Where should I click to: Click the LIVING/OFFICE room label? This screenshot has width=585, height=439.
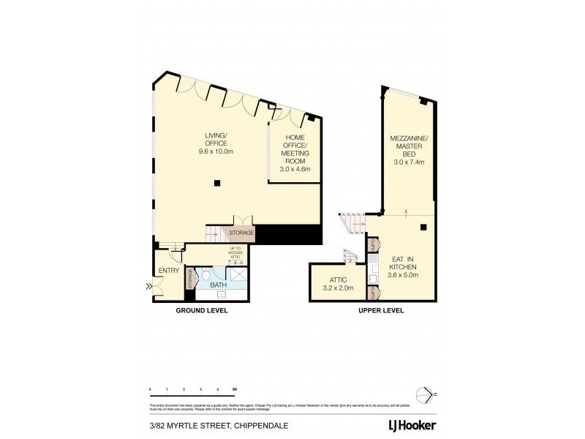(x=216, y=138)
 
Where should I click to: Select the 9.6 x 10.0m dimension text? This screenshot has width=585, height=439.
(x=216, y=151)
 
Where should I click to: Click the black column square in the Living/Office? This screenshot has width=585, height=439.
(x=216, y=183)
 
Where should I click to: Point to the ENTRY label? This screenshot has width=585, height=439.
(x=169, y=271)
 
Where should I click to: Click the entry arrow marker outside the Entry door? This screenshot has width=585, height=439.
(x=149, y=287)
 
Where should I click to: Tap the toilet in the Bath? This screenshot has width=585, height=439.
(x=207, y=276)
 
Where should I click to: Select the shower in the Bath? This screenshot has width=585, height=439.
(x=238, y=275)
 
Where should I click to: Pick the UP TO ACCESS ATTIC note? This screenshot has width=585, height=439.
(x=235, y=253)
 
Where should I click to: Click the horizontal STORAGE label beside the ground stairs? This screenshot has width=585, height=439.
(x=241, y=233)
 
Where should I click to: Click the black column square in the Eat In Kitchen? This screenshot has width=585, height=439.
(x=423, y=227)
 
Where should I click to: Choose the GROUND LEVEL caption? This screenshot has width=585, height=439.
(x=201, y=310)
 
